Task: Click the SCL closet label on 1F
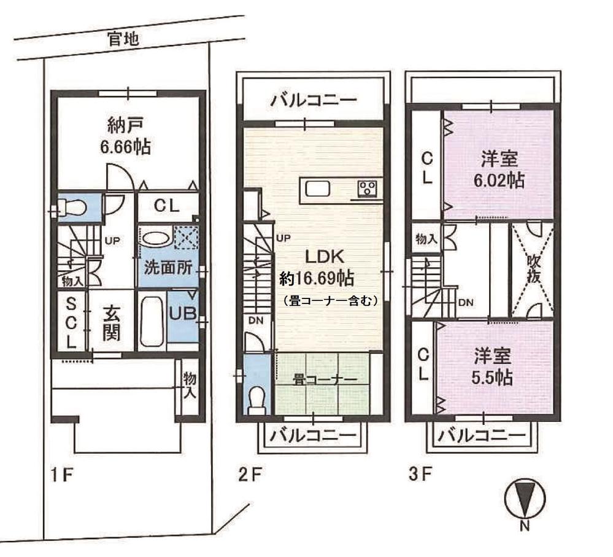(x=71, y=322)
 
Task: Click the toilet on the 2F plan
(x=256, y=399)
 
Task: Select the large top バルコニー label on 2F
(x=314, y=99)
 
